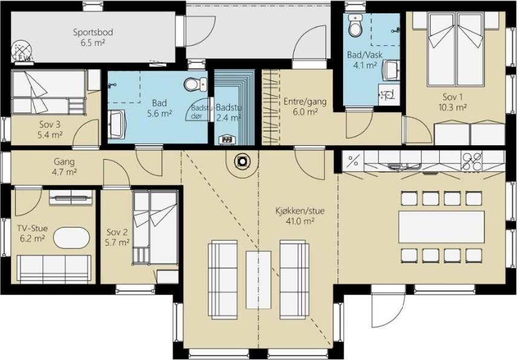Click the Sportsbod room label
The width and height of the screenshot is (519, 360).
[x=93, y=33]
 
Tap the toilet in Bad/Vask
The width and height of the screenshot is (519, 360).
[x=356, y=25]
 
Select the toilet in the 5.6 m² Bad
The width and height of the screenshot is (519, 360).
[x=195, y=84]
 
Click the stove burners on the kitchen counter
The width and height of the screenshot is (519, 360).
[x=472, y=162]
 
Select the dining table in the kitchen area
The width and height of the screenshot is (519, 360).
[x=442, y=227]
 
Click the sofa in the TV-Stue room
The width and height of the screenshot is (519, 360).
[x=54, y=269]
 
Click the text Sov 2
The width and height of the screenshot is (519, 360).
[x=117, y=232]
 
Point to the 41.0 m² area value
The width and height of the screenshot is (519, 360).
[x=300, y=221]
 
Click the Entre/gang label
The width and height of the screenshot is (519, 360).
[x=305, y=101]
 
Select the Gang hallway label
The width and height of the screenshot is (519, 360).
[x=64, y=162]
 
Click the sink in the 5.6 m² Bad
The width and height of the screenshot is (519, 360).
[x=116, y=125]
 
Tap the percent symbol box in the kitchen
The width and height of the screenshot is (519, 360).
[x=353, y=162]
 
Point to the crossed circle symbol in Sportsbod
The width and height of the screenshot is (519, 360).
[x=22, y=51]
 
